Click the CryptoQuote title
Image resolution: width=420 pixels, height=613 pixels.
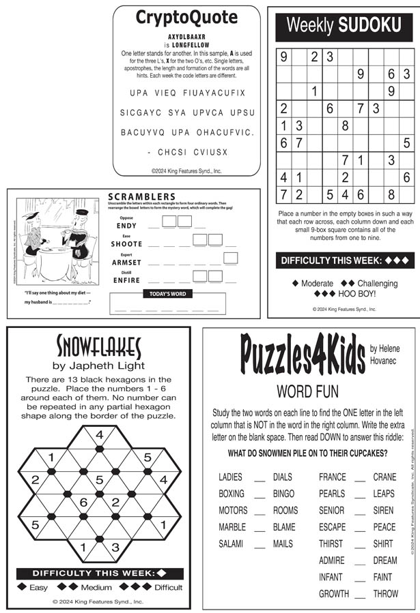tap(186, 17)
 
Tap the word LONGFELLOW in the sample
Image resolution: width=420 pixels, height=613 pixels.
tap(189, 44)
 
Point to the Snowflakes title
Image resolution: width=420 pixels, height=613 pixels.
tap(99, 345)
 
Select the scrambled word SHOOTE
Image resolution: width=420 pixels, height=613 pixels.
tap(126, 243)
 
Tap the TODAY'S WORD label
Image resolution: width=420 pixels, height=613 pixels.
tap(167, 294)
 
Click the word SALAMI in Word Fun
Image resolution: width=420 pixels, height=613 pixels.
tap(232, 543)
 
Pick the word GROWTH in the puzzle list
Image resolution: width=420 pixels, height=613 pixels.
tap(333, 593)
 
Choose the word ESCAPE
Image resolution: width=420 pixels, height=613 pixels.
tap(332, 527)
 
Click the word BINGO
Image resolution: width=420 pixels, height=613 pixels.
tap(283, 494)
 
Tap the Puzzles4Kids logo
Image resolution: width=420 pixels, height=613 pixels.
tap(303, 355)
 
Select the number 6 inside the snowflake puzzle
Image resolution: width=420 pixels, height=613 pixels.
tap(83, 503)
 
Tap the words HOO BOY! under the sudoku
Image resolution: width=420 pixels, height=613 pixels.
tap(352, 294)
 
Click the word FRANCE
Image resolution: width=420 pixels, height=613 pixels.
tap(332, 477)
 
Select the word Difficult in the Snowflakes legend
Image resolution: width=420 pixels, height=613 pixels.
tap(168, 587)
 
